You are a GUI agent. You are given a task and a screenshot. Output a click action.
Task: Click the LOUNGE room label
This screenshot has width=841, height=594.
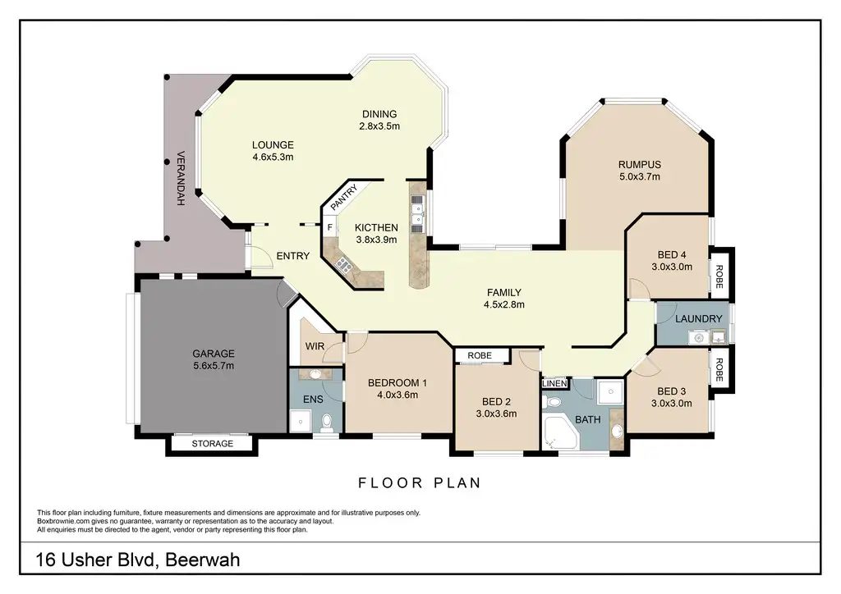273,144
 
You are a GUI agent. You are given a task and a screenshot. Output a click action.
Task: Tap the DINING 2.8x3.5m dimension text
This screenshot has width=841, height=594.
379,126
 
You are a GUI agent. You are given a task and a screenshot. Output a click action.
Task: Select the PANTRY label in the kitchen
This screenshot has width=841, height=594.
343,198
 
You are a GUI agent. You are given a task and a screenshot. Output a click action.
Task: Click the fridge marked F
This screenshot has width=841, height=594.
330,227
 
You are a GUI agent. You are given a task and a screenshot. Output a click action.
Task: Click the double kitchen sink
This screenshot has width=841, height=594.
417,213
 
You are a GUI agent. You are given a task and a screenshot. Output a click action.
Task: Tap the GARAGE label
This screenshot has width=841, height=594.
214,354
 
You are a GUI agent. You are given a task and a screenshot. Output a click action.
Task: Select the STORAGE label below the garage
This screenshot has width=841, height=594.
213,444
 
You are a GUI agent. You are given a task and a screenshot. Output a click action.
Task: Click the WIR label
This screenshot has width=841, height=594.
315,346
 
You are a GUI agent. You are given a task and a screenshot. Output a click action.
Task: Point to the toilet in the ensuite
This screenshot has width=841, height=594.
326,424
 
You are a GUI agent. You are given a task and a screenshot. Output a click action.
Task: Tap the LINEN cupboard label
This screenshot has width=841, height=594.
554,383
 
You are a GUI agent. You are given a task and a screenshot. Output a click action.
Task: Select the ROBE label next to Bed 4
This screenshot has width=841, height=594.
719,276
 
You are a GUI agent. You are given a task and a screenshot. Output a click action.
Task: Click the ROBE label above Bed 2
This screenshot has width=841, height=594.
480,355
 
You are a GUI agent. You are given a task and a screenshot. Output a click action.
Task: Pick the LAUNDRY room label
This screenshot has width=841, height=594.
698,318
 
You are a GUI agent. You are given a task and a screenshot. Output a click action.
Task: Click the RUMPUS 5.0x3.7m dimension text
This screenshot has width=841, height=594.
639,176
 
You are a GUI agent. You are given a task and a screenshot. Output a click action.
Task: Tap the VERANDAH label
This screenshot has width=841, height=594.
181,178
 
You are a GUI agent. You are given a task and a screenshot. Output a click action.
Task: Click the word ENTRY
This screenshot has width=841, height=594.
293,256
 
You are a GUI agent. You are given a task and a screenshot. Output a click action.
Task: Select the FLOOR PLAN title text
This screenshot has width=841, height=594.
420,483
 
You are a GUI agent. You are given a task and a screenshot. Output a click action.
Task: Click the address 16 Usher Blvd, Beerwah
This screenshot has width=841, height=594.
137,560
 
